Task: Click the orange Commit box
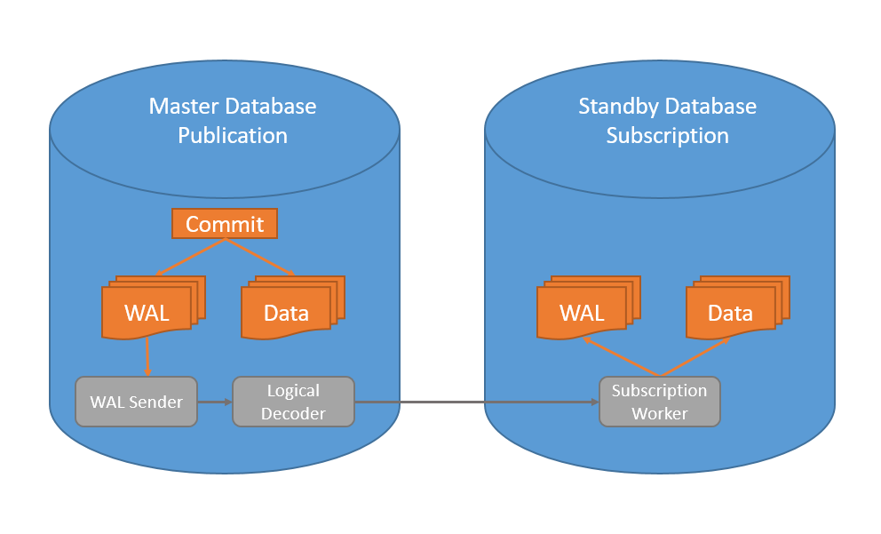coord(225,224)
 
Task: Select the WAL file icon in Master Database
coord(147,312)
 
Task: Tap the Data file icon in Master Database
coord(287,312)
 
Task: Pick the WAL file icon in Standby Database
coord(583,312)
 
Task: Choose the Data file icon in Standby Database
coord(731,312)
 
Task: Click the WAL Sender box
coord(136,402)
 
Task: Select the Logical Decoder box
coord(293,402)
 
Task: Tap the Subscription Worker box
coord(659,402)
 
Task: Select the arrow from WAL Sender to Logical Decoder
coord(214,402)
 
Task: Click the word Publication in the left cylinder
coord(233,136)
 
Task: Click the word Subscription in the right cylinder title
coord(667,136)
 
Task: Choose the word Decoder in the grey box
coord(293,413)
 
